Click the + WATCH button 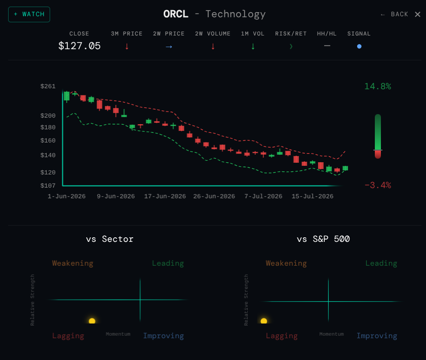point(29,14)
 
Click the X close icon point(417,14)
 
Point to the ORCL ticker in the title point(176,14)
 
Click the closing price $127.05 point(80,46)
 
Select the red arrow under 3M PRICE point(127,47)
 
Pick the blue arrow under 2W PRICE point(169,47)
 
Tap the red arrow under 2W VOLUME point(213,47)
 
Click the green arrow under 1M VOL point(253,47)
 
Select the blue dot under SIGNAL point(359,47)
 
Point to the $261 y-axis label point(48,86)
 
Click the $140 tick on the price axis point(48,155)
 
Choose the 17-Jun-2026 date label point(165,196)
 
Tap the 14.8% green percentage point(378,87)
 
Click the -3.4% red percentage point(378,186)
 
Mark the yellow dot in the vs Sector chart point(92,321)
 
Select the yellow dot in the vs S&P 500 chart point(264,321)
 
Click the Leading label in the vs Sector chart point(168,263)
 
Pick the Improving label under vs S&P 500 point(377,336)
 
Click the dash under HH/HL point(327,46)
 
